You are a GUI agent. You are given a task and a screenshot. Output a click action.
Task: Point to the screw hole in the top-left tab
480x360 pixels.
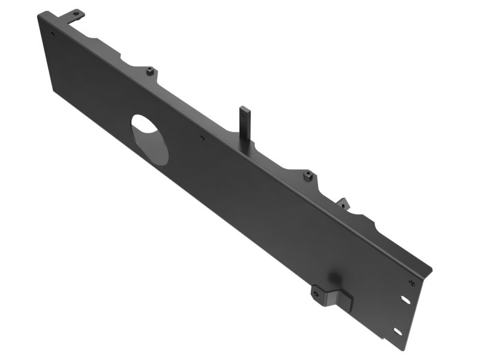pyautogui.click(x=76, y=13)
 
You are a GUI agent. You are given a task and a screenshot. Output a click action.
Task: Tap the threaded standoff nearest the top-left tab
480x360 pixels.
pyautogui.click(x=149, y=71)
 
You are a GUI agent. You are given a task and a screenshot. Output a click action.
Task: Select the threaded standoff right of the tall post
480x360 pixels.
pyautogui.click(x=307, y=175)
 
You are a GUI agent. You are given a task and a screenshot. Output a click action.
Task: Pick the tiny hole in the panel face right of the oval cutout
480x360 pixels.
pyautogui.click(x=202, y=137)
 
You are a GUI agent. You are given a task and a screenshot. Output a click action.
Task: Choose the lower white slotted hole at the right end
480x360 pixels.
pyautogui.click(x=397, y=331)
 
